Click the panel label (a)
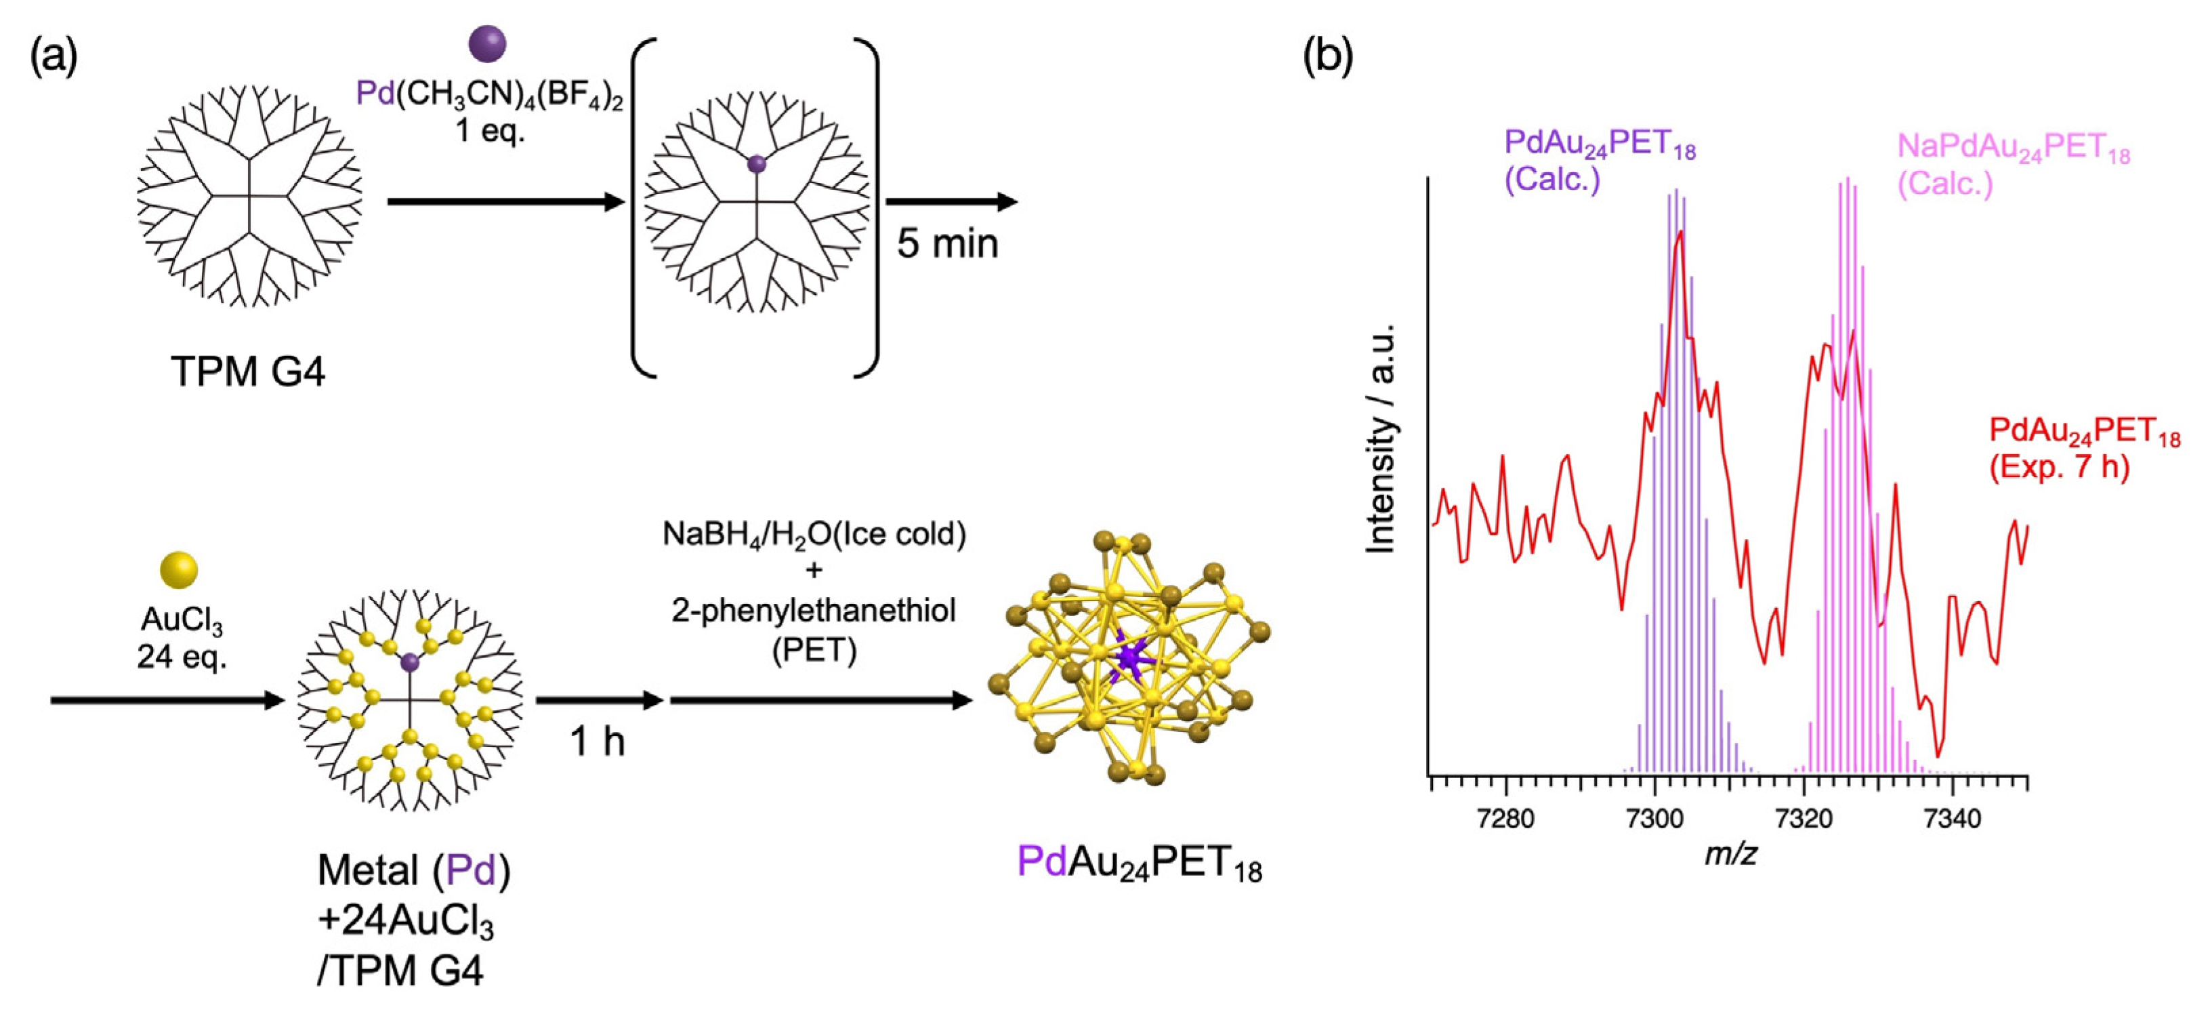pyautogui.click(x=54, y=58)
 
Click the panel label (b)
pyautogui.click(x=1327, y=58)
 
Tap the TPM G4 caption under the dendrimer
pyautogui.click(x=248, y=372)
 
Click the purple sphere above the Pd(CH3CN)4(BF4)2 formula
pyautogui.click(x=486, y=44)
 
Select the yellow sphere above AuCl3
pyautogui.click(x=180, y=571)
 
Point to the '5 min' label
pyautogui.click(x=947, y=244)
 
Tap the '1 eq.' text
pyautogui.click(x=490, y=132)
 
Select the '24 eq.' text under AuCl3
pyautogui.click(x=181, y=657)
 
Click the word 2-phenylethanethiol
pyautogui.click(x=813, y=611)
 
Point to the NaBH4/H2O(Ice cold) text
pyautogui.click(x=813, y=535)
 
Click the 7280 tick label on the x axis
pyautogui.click(x=1507, y=819)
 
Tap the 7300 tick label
pyautogui.click(x=1655, y=819)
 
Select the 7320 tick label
pyautogui.click(x=1804, y=819)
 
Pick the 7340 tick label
pyautogui.click(x=1953, y=819)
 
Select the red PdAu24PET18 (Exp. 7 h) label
pyautogui.click(x=2084, y=448)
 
